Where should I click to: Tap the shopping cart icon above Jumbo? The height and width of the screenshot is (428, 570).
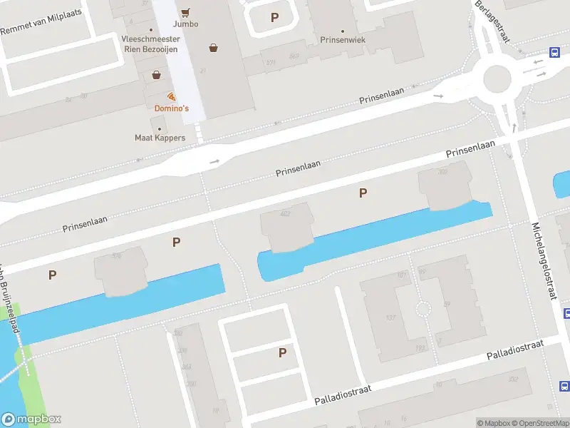[x=186, y=12]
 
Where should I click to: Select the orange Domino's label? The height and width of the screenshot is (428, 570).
[x=172, y=108]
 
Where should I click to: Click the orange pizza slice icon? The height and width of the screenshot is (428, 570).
[x=171, y=96]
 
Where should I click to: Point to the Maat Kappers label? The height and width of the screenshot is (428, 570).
[x=160, y=137]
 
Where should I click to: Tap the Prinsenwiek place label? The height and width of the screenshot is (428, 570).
[x=343, y=40]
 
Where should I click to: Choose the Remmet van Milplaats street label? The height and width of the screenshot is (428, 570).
[x=41, y=21]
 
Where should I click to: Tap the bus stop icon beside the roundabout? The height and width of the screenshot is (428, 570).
[x=554, y=51]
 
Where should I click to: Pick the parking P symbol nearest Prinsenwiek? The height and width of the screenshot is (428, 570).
[x=275, y=18]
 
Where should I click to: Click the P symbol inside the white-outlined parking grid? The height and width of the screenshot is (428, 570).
[x=282, y=352]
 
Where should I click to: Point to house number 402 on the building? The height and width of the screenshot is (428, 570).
[x=286, y=213]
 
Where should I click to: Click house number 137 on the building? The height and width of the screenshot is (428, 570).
[x=390, y=317]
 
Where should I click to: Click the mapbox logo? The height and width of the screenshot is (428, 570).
[x=32, y=419]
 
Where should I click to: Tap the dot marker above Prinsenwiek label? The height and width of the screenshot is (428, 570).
[x=343, y=31]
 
